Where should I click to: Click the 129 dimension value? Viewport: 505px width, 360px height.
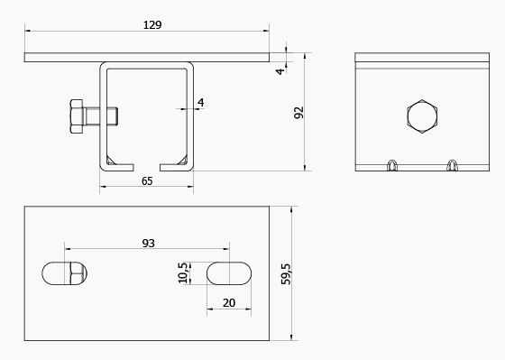point(152,25)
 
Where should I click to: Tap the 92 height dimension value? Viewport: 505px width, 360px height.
point(298,113)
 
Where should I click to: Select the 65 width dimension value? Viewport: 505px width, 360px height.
point(147,181)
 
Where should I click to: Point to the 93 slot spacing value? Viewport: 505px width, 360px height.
point(149,243)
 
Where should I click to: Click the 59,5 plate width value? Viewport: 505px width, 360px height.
point(286,274)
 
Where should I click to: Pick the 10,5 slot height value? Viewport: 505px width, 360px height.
point(182,273)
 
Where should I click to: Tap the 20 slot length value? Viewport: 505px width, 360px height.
point(229,303)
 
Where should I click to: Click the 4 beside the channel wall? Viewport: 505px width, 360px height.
point(201,103)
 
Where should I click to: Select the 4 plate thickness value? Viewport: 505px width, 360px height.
point(280,71)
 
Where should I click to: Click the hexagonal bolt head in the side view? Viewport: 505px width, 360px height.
point(422,116)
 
